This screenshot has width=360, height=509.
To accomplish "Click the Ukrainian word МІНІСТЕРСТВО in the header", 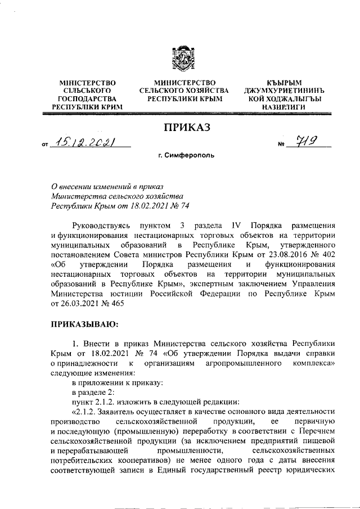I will point(87,83).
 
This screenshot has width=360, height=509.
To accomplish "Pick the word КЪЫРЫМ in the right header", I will point(280,83).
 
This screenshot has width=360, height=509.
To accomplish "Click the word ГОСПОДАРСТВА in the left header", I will point(87,98).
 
